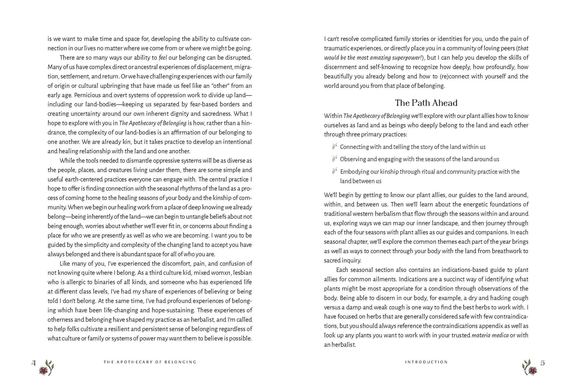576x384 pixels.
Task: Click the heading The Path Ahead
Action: pyautogui.click(x=426, y=103)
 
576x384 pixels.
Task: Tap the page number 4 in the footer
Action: pyautogui.click(x=33, y=363)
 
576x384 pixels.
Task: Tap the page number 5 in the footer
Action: pyautogui.click(x=543, y=363)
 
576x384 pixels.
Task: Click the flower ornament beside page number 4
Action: pyautogui.click(x=47, y=367)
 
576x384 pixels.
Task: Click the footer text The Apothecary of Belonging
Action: pyautogui.click(x=150, y=362)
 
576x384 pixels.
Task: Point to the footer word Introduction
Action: pyautogui.click(x=426, y=362)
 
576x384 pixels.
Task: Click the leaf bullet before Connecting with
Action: pyautogui.click(x=334, y=147)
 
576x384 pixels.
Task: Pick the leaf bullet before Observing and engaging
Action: pyautogui.click(x=334, y=159)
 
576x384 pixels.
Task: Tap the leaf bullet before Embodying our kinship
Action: pyautogui.click(x=334, y=171)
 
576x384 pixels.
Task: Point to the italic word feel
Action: pyautogui.click(x=163, y=58)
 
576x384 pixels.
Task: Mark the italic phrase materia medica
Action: pyautogui.click(x=490, y=335)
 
